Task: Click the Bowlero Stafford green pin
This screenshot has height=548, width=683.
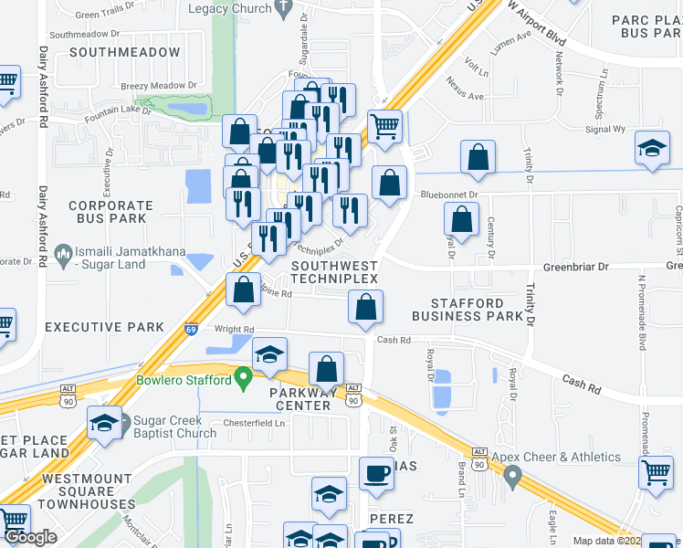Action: pos(243,375)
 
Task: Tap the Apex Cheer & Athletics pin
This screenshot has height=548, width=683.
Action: pos(513,475)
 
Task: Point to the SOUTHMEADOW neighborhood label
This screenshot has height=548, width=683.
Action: pos(124,53)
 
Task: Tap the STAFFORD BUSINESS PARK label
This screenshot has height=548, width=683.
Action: pos(470,310)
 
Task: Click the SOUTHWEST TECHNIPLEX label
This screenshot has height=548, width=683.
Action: pos(333,272)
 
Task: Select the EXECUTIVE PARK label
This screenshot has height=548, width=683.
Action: pos(104,327)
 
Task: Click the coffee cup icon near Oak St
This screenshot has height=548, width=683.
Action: pos(376,473)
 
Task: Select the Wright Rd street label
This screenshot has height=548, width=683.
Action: pos(234,329)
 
